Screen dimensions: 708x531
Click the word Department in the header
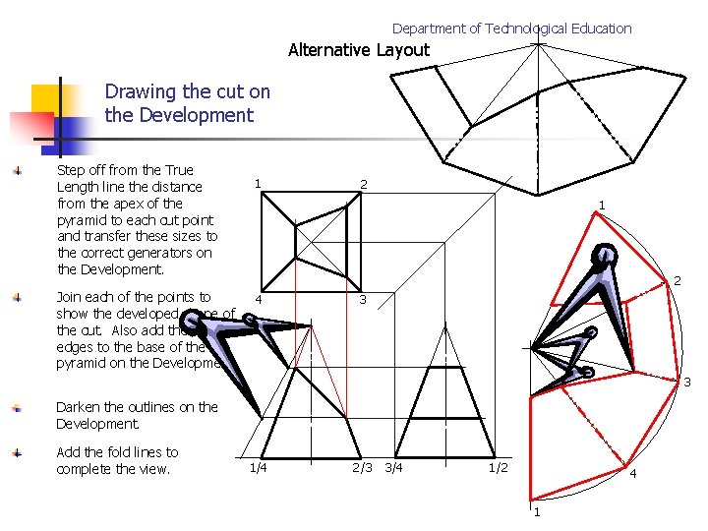pos(428,29)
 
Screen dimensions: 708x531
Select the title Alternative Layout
pos(359,50)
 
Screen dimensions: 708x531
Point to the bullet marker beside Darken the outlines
pos(16,407)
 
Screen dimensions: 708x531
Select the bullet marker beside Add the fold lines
pos(16,453)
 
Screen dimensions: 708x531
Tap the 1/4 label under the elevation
pos(258,468)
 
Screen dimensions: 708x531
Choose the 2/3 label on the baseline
pos(362,468)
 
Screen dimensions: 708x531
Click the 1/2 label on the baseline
pos(499,468)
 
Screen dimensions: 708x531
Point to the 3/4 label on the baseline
pos(393,468)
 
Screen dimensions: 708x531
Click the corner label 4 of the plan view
pos(258,300)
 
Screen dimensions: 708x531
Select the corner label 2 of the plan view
pos(363,185)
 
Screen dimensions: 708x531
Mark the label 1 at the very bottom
pos(536,513)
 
